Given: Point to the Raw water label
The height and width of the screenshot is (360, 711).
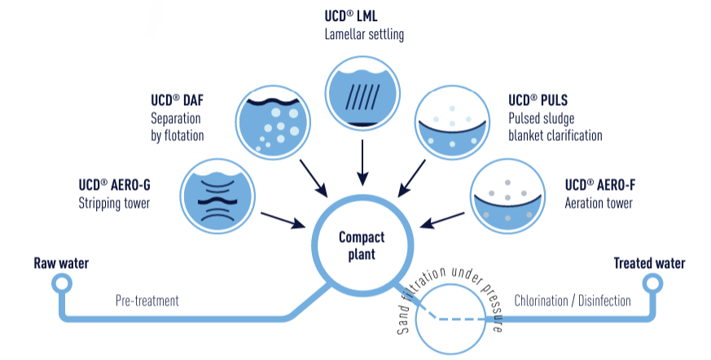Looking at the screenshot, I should point(61,263).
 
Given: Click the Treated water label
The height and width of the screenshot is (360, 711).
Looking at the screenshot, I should point(649,263).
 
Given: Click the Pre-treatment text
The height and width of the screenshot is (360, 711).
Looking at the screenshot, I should point(147,301).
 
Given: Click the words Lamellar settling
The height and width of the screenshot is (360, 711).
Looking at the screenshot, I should point(364,34).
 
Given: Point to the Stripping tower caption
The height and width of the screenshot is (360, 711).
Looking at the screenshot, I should point(115,203).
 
